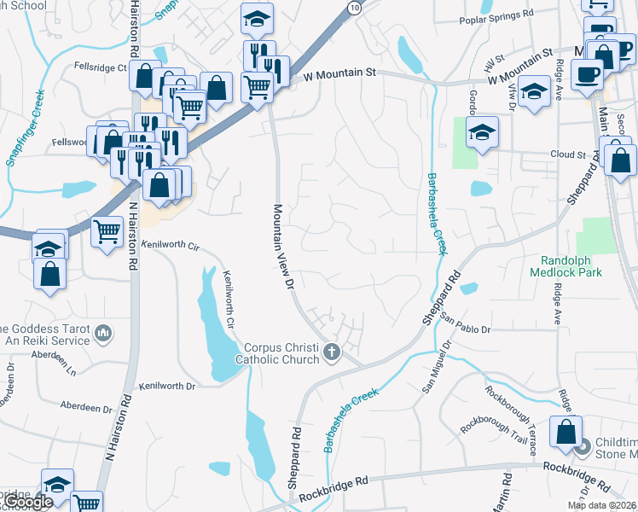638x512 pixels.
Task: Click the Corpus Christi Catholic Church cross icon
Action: click(333, 351)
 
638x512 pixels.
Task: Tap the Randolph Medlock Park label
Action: click(571, 265)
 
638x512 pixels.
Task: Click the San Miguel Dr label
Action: click(436, 367)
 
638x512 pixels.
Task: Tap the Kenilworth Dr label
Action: click(167, 386)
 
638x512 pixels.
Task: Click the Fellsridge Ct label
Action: click(100, 66)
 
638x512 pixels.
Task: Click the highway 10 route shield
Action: click(353, 7)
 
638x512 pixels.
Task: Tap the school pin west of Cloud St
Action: click(482, 132)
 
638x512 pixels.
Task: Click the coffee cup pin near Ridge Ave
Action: click(588, 74)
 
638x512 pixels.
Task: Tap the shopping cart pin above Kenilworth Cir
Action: click(107, 230)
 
